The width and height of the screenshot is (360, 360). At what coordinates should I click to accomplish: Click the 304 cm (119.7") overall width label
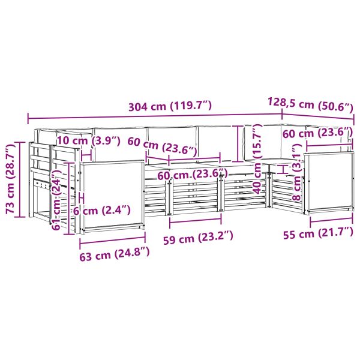(170, 106)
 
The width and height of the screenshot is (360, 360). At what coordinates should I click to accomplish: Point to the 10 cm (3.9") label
(89, 141)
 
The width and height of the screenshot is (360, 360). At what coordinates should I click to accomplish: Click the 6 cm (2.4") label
(102, 211)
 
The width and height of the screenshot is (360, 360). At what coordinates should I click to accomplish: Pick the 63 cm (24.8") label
(115, 253)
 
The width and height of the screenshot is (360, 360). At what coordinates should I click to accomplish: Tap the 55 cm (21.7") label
(318, 233)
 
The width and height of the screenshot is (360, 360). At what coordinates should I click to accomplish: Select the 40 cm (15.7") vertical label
(257, 159)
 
